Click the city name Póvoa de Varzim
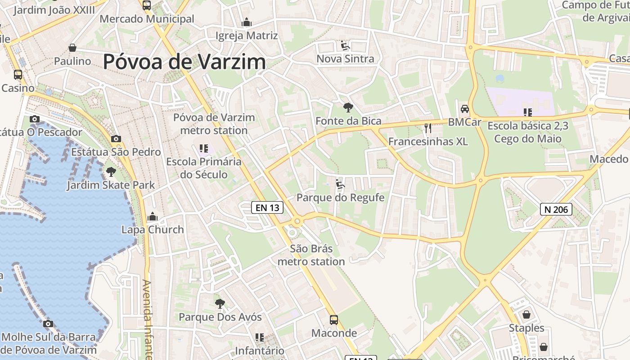pyautogui.click(x=184, y=62)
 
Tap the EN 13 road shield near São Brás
pyautogui.click(x=267, y=207)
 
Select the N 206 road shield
pyautogui.click(x=556, y=209)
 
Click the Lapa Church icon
pyautogui.click(x=153, y=217)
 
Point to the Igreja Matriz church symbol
pyautogui.click(x=246, y=22)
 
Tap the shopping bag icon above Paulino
pyautogui.click(x=72, y=48)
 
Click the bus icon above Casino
pyautogui.click(x=18, y=75)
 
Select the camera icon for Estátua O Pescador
pyautogui.click(x=35, y=119)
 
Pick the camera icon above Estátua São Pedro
pyautogui.click(x=116, y=139)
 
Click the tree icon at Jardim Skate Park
pyautogui.click(x=110, y=171)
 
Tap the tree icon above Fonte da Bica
pyautogui.click(x=348, y=108)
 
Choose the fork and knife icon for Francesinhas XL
pyautogui.click(x=427, y=129)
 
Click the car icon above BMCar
pyautogui.click(x=464, y=109)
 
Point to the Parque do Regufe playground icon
pyautogui.click(x=340, y=184)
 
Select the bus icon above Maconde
pyautogui.click(x=334, y=320)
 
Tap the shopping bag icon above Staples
pyautogui.click(x=526, y=315)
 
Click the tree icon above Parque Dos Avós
pyautogui.click(x=220, y=304)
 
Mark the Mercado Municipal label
pyautogui.click(x=147, y=19)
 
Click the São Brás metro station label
pyautogui.click(x=311, y=255)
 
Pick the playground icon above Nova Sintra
pyautogui.click(x=345, y=45)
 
